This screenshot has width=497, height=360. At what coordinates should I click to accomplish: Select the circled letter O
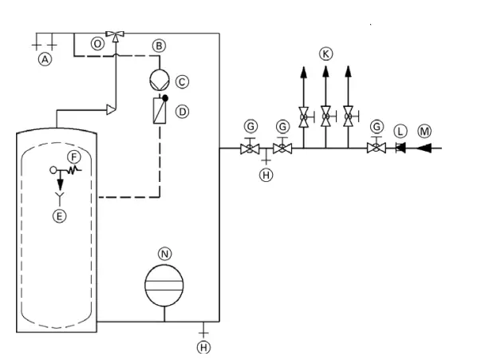[97, 45]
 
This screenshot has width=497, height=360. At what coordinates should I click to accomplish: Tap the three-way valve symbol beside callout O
[117, 35]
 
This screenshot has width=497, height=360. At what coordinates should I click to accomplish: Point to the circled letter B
[160, 45]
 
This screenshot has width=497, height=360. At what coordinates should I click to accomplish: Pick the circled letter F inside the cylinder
[73, 156]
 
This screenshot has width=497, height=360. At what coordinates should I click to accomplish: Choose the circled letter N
[165, 254]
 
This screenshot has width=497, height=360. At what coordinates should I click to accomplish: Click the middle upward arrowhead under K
[325, 73]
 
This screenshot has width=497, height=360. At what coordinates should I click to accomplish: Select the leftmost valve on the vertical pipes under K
[304, 118]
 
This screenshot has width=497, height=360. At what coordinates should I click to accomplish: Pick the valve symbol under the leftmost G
[250, 148]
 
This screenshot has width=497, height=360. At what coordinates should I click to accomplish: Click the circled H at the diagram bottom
[203, 346]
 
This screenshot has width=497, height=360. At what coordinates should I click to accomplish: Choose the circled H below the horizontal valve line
[266, 175]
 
